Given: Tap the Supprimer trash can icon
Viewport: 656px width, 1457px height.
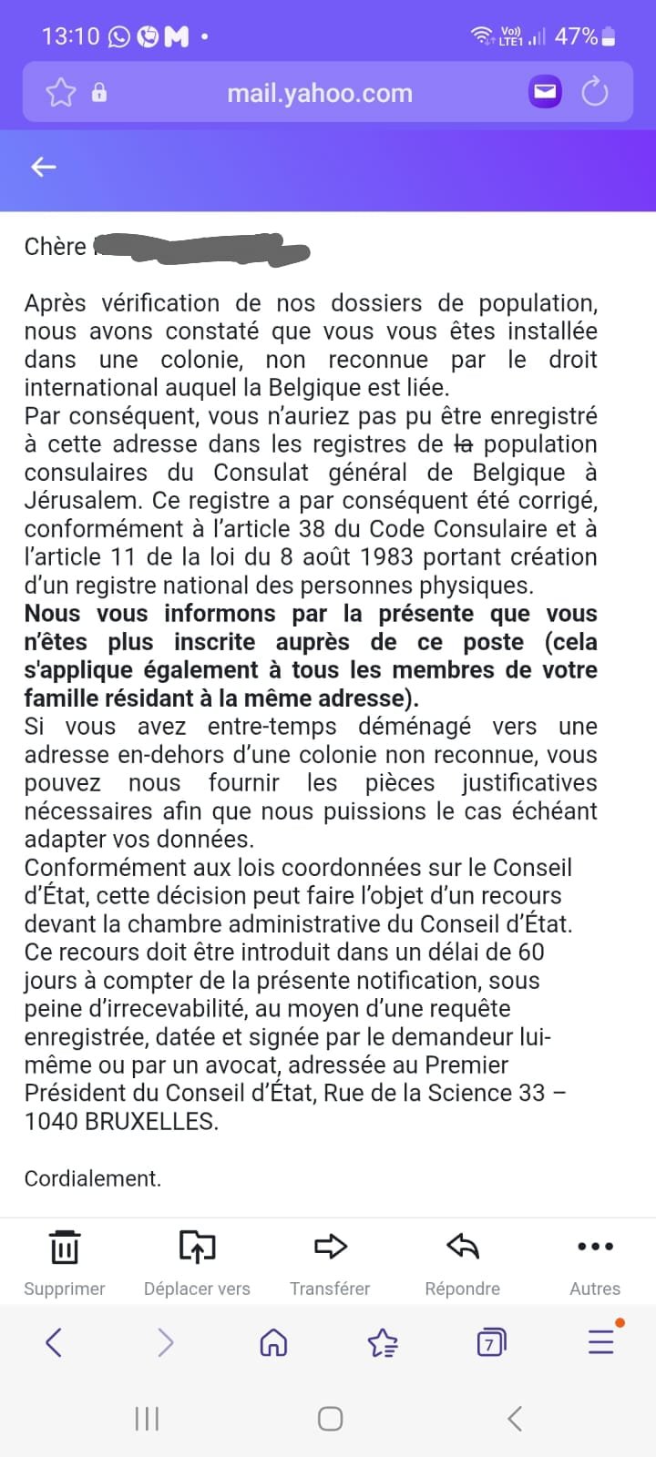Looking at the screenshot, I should (64, 1247).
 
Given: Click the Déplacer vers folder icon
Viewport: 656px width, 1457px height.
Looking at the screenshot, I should (197, 1247).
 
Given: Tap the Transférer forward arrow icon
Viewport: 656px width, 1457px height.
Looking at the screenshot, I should (330, 1246).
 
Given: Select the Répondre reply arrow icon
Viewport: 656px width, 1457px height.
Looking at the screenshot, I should (463, 1246).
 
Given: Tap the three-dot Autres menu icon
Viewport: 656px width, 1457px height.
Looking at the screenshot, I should (595, 1246).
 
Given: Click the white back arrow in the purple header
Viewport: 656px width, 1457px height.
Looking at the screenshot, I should (44, 167).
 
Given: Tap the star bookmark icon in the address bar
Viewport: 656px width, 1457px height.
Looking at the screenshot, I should (60, 92).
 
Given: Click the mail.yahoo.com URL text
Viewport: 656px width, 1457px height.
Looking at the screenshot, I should (320, 93).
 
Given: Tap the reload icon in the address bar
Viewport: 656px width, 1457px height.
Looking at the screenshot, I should (595, 92).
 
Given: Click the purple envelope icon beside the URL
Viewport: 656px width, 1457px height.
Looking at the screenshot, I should (545, 92).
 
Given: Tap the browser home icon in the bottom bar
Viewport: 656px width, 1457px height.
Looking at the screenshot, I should (273, 1342).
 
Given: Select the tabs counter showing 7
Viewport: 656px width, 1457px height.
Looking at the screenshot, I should (491, 1343).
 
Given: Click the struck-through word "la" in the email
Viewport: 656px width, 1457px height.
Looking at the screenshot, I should (464, 444).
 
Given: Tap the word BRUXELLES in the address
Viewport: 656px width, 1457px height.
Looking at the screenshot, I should (151, 1122).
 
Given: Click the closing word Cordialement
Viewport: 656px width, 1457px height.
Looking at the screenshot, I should (92, 1178).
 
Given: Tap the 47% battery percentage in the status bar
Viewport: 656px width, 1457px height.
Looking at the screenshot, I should (576, 36).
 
